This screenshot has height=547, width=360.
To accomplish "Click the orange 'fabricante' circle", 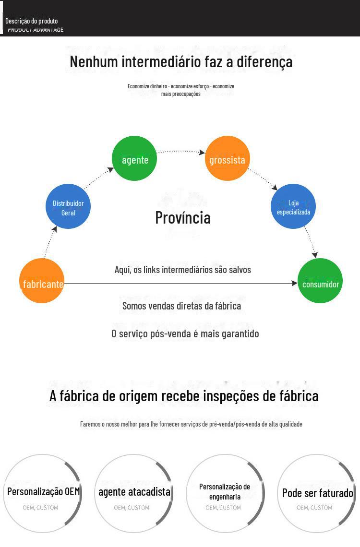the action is click(x=42, y=281).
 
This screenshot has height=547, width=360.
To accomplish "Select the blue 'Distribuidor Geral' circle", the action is click(x=68, y=206).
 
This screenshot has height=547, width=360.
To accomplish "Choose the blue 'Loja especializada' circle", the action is click(x=293, y=206).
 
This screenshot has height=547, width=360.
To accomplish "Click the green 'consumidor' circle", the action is click(x=320, y=281).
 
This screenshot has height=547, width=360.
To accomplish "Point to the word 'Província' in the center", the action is click(x=183, y=217).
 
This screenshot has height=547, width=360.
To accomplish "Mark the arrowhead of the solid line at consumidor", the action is click(x=294, y=284).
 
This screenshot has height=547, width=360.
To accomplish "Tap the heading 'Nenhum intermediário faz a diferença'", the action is click(x=181, y=62).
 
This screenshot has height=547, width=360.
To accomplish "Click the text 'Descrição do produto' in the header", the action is click(x=32, y=21).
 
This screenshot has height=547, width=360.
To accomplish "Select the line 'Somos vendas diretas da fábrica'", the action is click(x=181, y=306).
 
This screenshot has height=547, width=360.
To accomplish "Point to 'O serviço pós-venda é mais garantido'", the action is click(x=185, y=333).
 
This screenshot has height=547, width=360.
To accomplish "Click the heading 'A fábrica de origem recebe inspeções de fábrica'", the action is click(x=184, y=396).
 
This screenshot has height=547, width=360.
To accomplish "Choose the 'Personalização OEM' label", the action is click(x=43, y=492).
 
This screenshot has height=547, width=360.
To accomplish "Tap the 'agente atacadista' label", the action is click(x=134, y=492).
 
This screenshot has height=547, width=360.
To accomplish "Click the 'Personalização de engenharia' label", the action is click(x=225, y=492).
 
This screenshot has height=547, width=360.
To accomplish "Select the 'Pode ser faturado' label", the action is click(x=317, y=493).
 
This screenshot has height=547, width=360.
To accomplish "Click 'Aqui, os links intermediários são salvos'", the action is click(x=183, y=270).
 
